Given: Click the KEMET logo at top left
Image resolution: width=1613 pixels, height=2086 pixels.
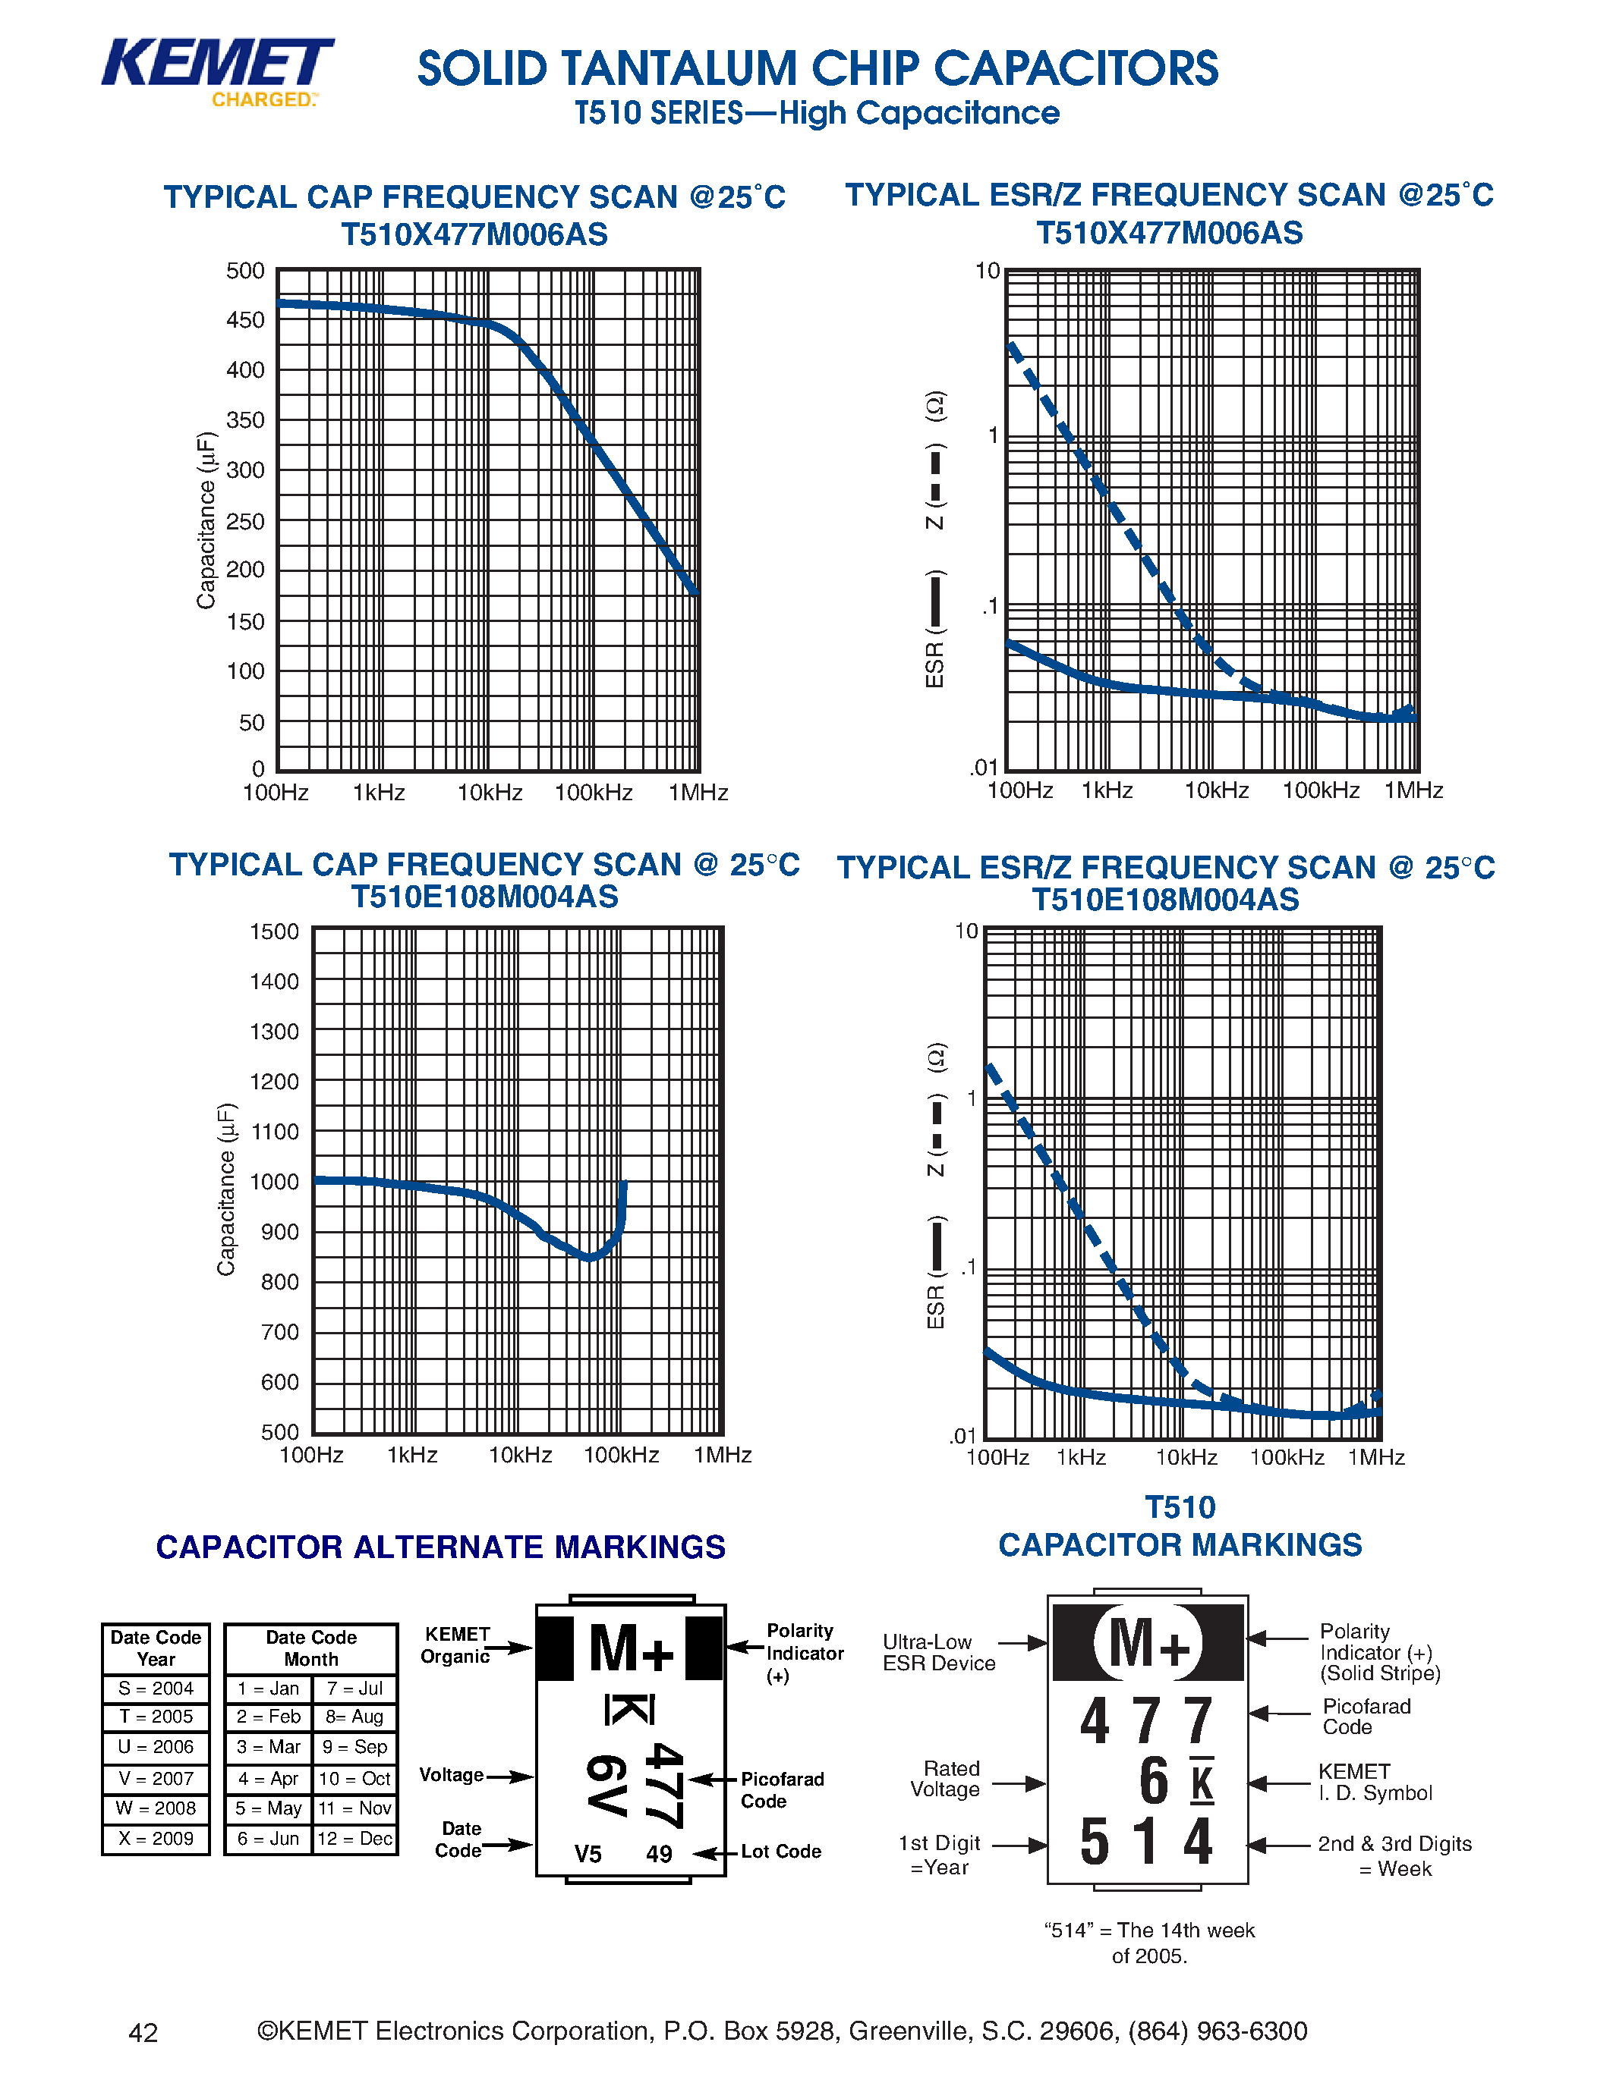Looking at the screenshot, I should [217, 71].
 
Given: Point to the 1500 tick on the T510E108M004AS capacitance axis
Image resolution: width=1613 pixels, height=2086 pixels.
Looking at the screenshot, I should [274, 932].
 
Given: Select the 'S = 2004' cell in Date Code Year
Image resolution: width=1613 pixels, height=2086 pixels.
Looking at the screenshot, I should [156, 1689].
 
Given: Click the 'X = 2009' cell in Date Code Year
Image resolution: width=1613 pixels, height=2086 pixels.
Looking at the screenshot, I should [156, 1839].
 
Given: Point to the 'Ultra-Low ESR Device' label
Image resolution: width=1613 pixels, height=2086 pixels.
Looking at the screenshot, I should [938, 1652].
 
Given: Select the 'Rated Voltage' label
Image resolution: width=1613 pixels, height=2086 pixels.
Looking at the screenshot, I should [945, 1780].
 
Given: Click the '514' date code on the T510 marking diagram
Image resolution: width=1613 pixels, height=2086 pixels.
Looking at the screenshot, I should [1145, 1843].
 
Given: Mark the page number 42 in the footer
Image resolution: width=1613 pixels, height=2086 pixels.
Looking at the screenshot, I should [143, 2032].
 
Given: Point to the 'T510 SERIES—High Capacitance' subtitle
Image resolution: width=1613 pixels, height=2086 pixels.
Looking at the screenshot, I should [817, 114].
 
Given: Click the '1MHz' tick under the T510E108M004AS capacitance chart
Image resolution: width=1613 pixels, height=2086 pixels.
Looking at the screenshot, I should [723, 1456].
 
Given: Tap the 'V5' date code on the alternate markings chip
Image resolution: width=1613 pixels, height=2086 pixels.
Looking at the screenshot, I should [588, 1854].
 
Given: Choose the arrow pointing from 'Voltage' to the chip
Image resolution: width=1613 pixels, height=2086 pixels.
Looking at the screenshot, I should [510, 1777].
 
